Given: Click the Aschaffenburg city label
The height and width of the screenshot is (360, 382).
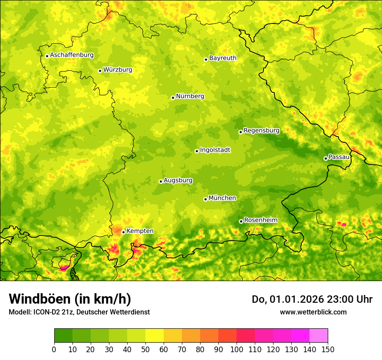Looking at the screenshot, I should pyautogui.click(x=72, y=55).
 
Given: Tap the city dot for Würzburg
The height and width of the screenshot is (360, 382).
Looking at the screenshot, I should pyautogui.click(x=100, y=71).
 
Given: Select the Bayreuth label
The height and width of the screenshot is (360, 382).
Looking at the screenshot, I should pyautogui.click(x=223, y=58).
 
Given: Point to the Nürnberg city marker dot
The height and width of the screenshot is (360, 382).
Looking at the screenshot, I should pyautogui.click(x=173, y=98).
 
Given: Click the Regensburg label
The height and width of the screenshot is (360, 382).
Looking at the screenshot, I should pyautogui.click(x=261, y=130).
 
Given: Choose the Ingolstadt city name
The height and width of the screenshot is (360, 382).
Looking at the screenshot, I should pyautogui.click(x=215, y=150).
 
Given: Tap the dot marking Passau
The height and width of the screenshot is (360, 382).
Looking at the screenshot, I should pyautogui.click(x=326, y=158).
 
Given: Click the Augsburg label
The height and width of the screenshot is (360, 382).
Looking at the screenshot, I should pyautogui.click(x=178, y=180).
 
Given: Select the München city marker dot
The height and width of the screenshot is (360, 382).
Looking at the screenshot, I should pyautogui.click(x=205, y=199).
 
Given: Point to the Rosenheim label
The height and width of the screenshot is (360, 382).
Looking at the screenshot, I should pyautogui.click(x=260, y=220).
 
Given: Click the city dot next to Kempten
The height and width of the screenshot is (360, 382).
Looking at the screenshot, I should pyautogui.click(x=123, y=232).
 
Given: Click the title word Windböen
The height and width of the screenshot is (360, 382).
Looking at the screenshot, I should pyautogui.click(x=40, y=299).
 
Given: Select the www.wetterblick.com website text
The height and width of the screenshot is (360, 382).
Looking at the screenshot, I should pyautogui.click(x=313, y=312).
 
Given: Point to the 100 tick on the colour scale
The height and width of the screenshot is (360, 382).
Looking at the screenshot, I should pyautogui.click(x=237, y=349).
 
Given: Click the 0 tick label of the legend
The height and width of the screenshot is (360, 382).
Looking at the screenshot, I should pyautogui.click(x=54, y=349).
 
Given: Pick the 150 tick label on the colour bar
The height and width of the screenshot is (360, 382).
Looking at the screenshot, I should pyautogui.click(x=328, y=349).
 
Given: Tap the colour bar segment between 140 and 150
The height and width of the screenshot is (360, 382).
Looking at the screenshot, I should pyautogui.click(x=319, y=335).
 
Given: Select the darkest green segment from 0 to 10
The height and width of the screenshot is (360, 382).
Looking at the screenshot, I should pyautogui.click(x=63, y=335).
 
